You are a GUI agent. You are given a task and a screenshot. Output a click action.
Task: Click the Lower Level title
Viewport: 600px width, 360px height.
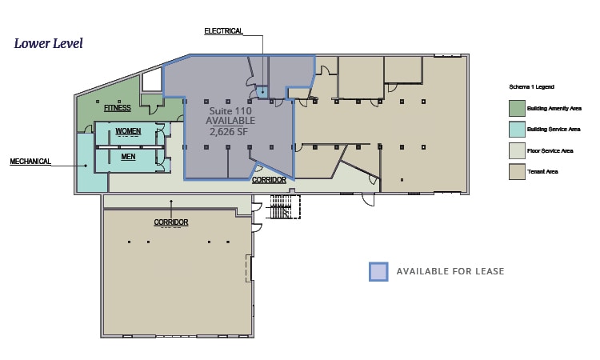(x=48, y=43)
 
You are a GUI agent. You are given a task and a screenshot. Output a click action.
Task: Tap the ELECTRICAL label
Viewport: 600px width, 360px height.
(x=223, y=31)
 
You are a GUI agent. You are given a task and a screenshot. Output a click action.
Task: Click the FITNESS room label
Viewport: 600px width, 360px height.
(x=118, y=108)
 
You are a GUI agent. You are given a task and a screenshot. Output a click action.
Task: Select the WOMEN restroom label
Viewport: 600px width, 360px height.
(x=128, y=131)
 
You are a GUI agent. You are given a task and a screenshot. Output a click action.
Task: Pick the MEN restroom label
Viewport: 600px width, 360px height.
(x=128, y=157)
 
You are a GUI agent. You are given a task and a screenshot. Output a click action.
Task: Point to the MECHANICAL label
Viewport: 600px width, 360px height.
(x=30, y=162)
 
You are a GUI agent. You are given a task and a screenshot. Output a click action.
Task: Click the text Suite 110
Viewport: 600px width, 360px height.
(x=230, y=111)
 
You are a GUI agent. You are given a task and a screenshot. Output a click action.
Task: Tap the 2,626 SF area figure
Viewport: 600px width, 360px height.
(x=229, y=132)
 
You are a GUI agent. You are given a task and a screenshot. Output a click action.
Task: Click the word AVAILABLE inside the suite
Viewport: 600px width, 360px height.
(x=230, y=121)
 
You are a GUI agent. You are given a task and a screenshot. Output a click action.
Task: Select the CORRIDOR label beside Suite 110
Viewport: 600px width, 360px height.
(x=269, y=180)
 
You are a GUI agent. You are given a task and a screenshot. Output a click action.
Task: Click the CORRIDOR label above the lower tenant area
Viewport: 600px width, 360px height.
(x=171, y=222)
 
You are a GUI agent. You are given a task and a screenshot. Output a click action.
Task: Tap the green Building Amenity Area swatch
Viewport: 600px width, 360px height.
(x=517, y=108)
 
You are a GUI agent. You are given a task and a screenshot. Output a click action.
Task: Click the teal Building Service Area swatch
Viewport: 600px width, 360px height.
(x=517, y=130)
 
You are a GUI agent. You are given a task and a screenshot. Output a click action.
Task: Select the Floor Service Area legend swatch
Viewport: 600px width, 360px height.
(x=517, y=150)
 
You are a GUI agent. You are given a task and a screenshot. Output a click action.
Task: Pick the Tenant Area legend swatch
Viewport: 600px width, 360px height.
(x=517, y=172)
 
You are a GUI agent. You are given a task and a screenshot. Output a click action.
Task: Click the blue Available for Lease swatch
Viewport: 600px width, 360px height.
(x=379, y=272)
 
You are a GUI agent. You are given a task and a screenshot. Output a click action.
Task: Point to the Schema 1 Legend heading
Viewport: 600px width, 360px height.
(x=531, y=87)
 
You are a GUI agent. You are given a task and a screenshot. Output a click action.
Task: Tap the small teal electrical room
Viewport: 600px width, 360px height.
(x=262, y=92)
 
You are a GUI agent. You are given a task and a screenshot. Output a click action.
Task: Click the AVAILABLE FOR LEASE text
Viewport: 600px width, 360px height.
(x=450, y=271)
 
